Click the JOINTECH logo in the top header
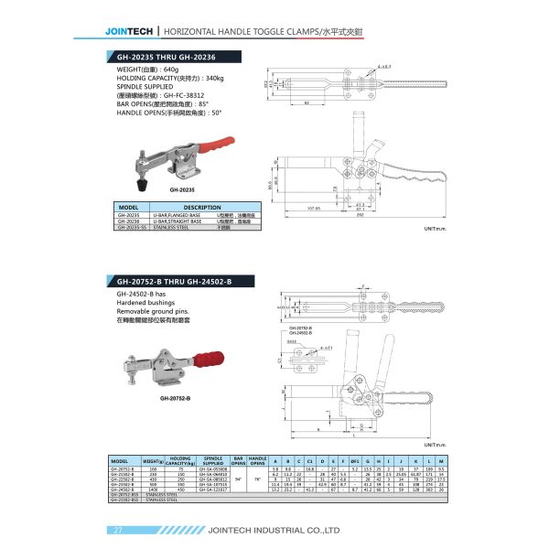[130, 30]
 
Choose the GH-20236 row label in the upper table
[128, 221]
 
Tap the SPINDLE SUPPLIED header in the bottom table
[213, 459]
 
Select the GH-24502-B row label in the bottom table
[122, 490]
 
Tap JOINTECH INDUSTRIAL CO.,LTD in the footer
[281, 530]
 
